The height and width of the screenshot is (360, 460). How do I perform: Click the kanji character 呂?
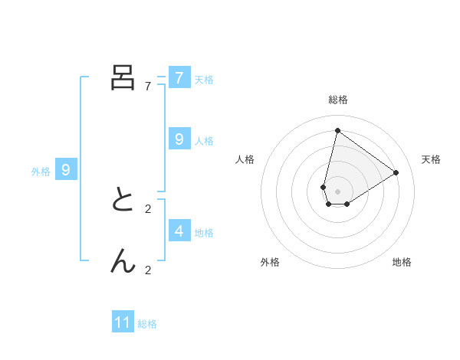pyautogui.click(x=123, y=78)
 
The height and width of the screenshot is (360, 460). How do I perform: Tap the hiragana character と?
pyautogui.click(x=123, y=201)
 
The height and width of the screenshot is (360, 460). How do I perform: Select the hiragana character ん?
pyautogui.click(x=123, y=262)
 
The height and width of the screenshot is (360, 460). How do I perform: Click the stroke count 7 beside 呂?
pyautogui.click(x=148, y=87)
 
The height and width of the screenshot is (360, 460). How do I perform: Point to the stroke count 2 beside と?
pyautogui.click(x=148, y=209)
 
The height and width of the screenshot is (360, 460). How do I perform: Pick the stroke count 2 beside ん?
pyautogui.click(x=148, y=270)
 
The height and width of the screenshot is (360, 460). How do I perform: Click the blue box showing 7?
pyautogui.click(x=179, y=78)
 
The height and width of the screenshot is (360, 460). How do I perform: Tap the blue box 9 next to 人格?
pyautogui.click(x=179, y=139)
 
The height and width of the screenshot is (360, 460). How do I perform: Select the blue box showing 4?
pyautogui.click(x=179, y=231)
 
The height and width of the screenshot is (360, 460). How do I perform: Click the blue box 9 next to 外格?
pyautogui.click(x=66, y=170)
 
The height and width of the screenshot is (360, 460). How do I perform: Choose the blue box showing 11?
pyautogui.click(x=123, y=322)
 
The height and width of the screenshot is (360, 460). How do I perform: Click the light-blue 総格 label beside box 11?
pyautogui.click(x=147, y=324)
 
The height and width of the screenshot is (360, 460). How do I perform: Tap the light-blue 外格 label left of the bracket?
pyautogui.click(x=41, y=172)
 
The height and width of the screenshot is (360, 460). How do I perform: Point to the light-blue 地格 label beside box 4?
pyautogui.click(x=204, y=233)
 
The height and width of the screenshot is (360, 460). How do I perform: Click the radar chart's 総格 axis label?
pyautogui.click(x=337, y=100)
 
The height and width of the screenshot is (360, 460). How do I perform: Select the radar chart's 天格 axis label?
pyautogui.click(x=431, y=159)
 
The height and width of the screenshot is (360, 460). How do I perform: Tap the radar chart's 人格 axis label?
pyautogui.click(x=245, y=159)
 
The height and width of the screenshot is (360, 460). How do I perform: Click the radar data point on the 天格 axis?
pyautogui.click(x=396, y=172)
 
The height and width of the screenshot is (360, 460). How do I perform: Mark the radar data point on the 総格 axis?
pyautogui.click(x=337, y=130)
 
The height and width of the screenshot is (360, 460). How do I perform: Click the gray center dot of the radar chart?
pyautogui.click(x=337, y=191)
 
